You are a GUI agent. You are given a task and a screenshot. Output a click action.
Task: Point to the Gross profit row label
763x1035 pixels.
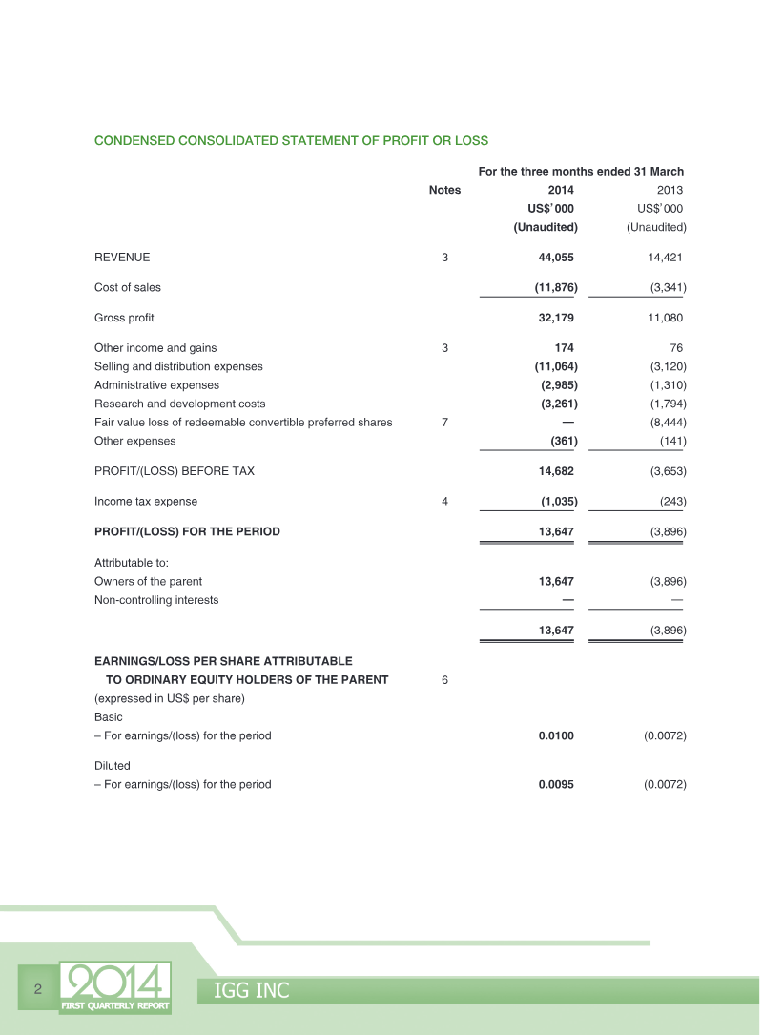(124, 318)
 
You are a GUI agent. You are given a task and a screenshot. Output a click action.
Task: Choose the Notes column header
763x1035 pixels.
(444, 190)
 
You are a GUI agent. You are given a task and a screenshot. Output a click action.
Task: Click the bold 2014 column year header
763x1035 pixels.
(560, 190)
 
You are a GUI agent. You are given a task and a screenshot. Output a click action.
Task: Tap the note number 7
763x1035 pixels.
(444, 423)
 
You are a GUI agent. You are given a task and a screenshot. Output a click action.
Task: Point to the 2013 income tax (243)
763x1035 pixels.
(672, 501)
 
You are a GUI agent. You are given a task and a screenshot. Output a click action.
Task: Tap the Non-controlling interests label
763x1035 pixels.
(156, 600)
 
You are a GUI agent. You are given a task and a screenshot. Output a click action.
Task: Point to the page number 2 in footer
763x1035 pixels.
(38, 988)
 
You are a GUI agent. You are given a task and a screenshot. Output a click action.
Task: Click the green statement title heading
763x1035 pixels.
(291, 140)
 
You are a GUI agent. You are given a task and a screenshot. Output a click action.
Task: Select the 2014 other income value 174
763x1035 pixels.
(563, 348)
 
